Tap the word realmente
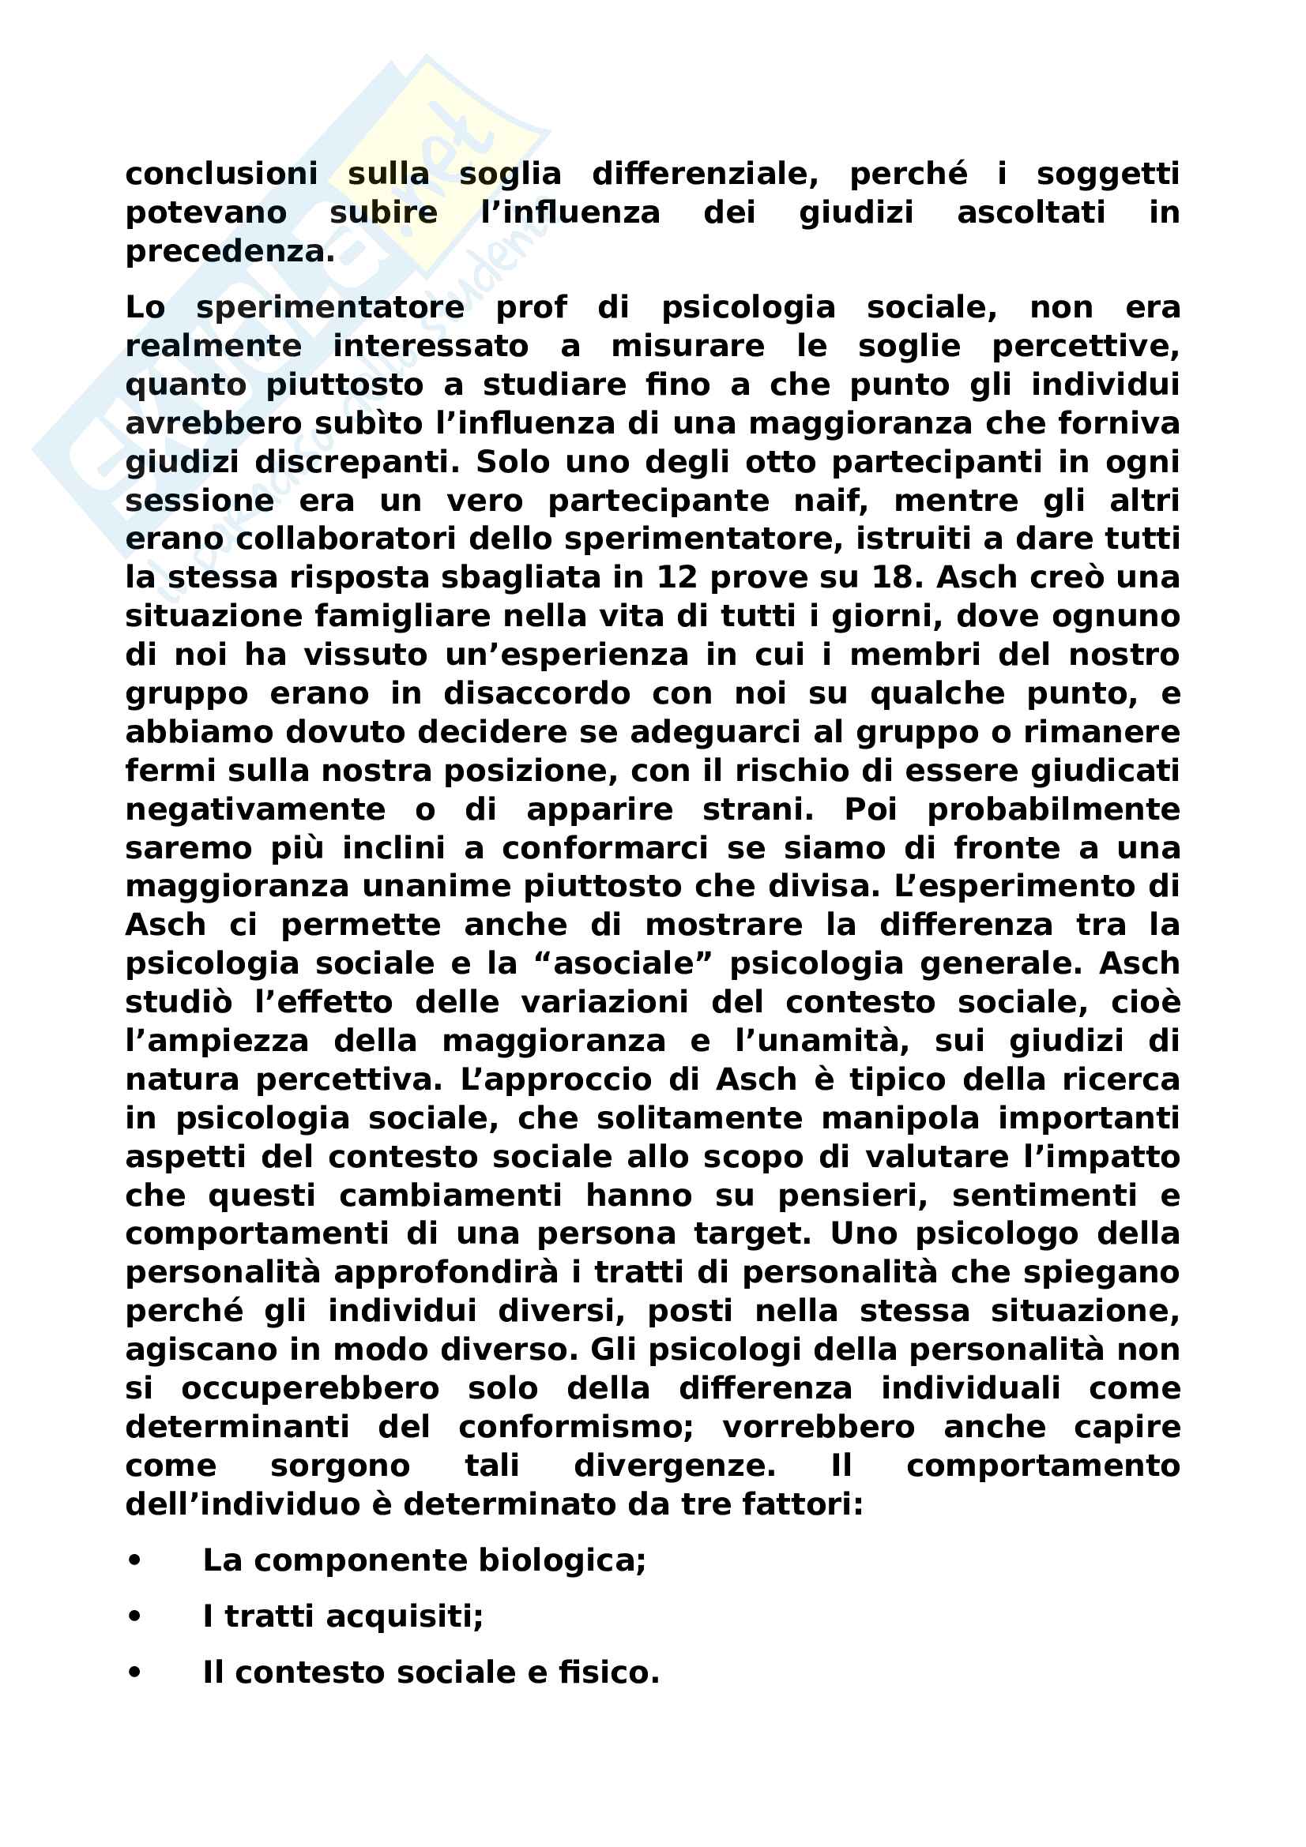pyautogui.click(x=213, y=346)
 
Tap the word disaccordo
pyautogui.click(x=536, y=693)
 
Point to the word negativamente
pyautogui.click(x=255, y=809)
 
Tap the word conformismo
pyautogui.click(x=576, y=1427)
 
